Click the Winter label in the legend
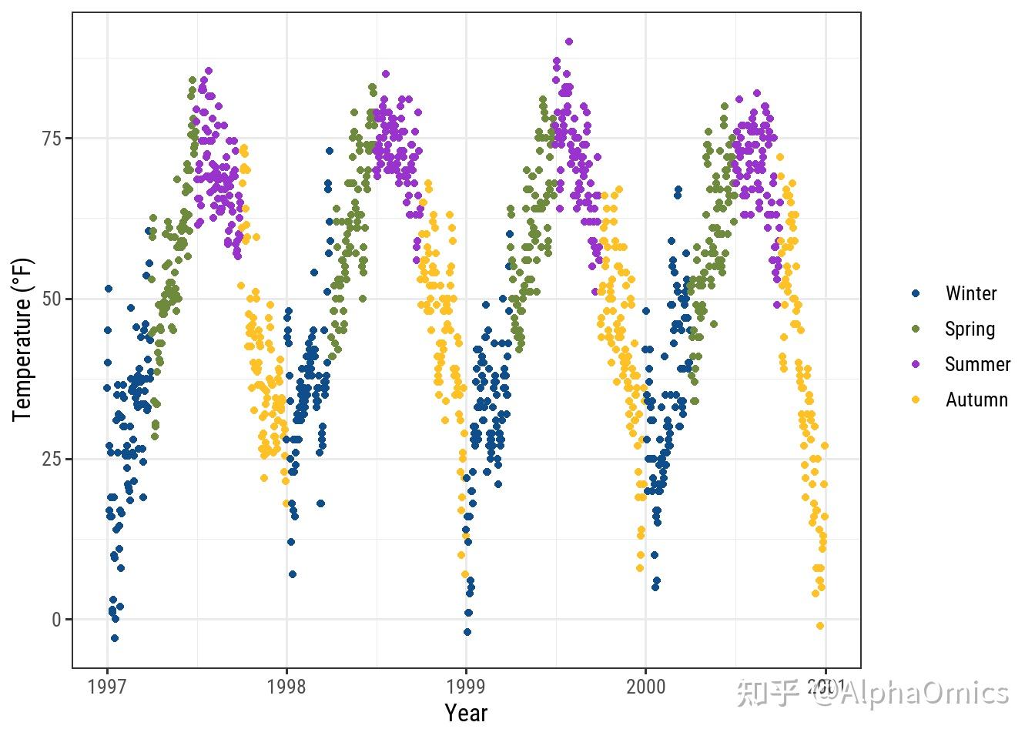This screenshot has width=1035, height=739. tap(970, 293)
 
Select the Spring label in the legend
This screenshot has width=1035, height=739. tap(970, 329)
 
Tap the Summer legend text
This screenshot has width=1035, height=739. tap(977, 364)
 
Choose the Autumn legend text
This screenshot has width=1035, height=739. tap(976, 400)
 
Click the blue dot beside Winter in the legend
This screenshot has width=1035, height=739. tap(916, 293)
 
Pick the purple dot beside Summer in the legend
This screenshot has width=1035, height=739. tap(916, 364)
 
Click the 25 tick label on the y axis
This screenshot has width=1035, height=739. tap(52, 460)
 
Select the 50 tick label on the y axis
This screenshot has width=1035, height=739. tap(52, 299)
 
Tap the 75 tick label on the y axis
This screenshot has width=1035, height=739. tap(52, 139)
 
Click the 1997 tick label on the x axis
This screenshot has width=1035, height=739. tap(107, 687)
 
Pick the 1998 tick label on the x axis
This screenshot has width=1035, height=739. tap(286, 687)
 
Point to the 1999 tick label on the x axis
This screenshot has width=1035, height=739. tap(466, 687)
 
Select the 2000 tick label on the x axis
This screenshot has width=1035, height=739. tap(645, 687)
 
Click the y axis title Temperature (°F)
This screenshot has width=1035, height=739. tap(22, 339)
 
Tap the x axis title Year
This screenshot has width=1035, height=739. tap(466, 714)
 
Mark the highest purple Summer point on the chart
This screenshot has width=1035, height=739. tap(568, 42)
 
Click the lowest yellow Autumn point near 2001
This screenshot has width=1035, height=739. tap(819, 626)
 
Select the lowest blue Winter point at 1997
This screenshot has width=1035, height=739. tap(115, 638)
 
